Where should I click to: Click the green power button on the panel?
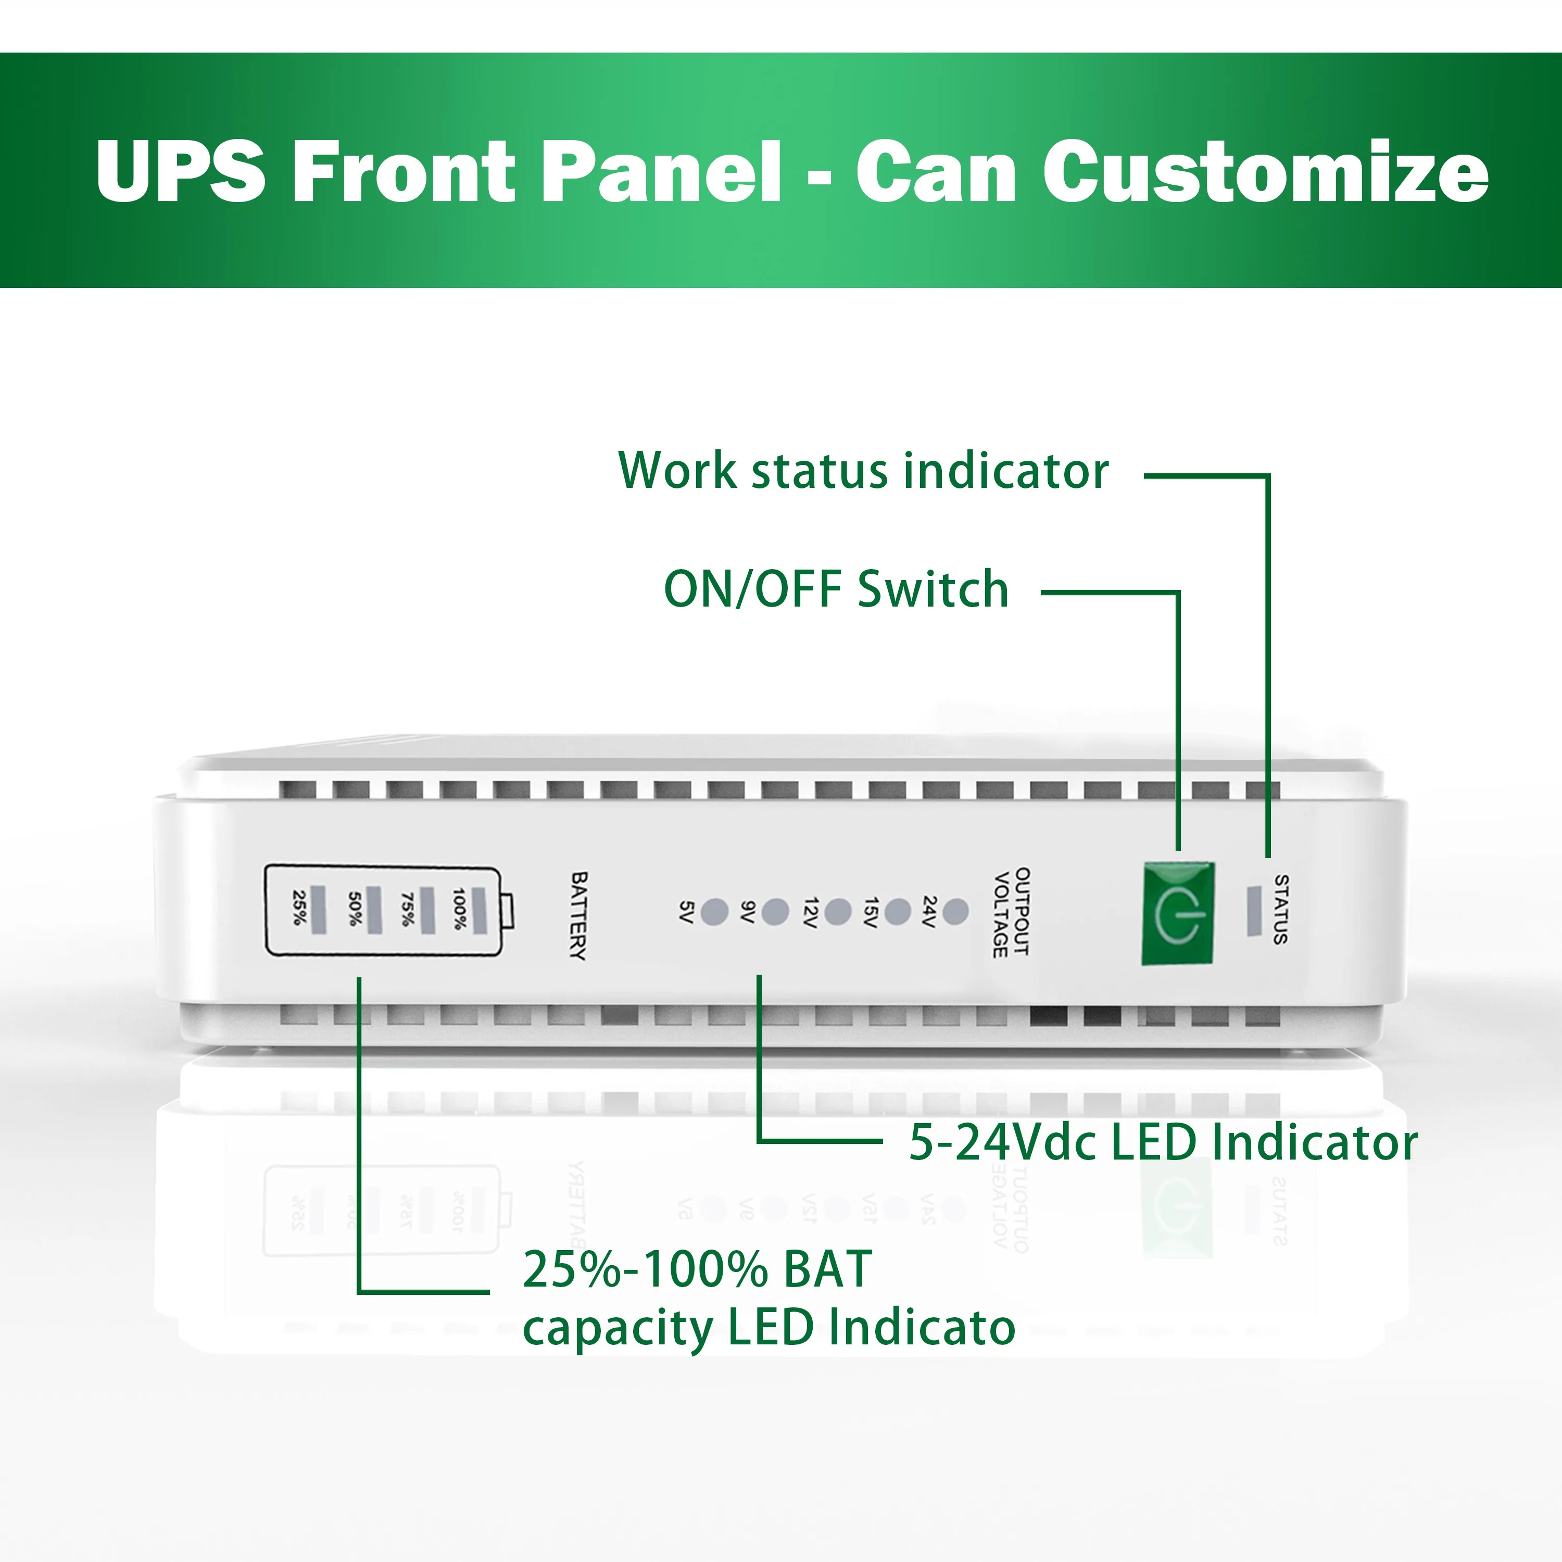(x=1178, y=914)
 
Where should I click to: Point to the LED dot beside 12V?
(x=838, y=911)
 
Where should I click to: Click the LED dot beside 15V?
(x=898, y=911)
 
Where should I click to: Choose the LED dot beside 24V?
(x=955, y=911)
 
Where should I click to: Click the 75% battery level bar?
(x=427, y=909)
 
